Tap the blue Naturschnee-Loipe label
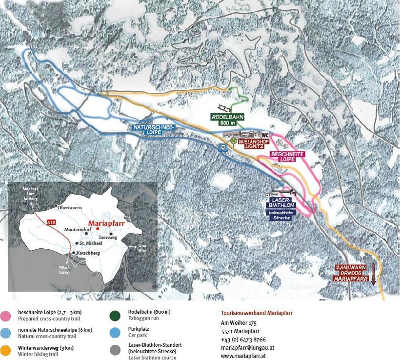point(154,129)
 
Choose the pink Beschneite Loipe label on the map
point(288,156)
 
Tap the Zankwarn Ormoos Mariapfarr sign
point(351,273)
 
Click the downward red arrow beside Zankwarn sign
point(374,274)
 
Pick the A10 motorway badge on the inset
point(51,222)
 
